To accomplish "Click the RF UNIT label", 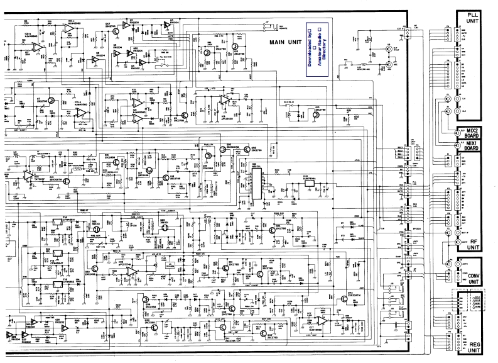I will pos(473,243).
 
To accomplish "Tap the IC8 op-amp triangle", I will pos(131,271).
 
